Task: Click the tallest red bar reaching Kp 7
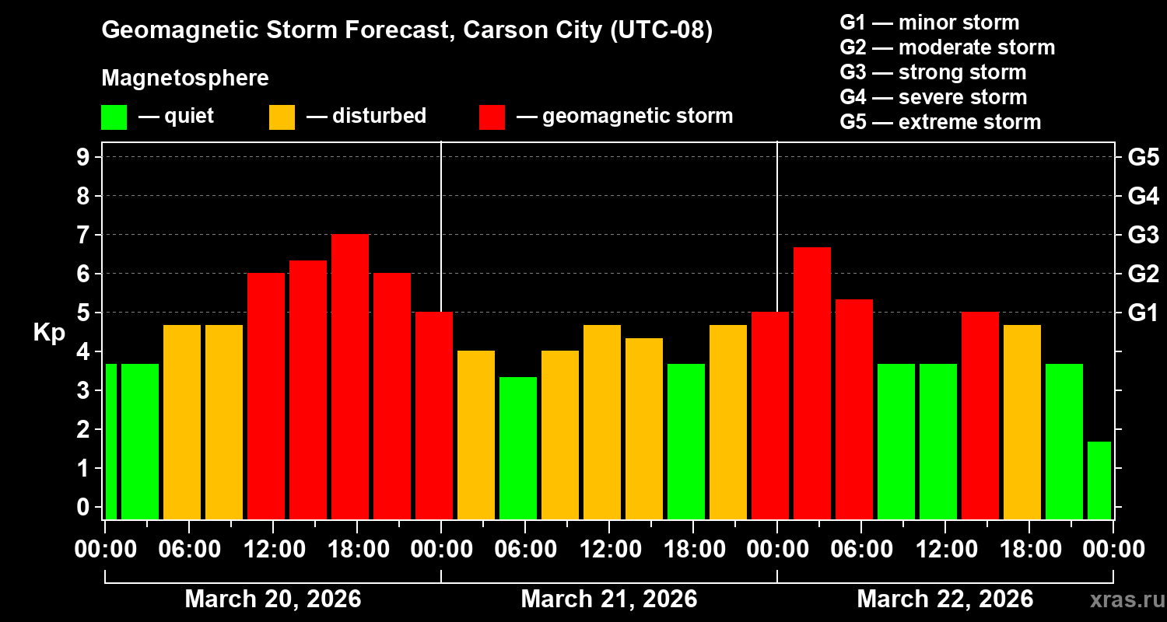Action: [350, 377]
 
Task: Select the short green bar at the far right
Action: [1099, 480]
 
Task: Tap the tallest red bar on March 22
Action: [812, 383]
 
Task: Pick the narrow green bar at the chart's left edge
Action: [110, 441]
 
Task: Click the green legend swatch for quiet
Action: [114, 117]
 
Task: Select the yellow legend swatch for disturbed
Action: [282, 117]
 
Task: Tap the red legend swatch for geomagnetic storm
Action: [492, 117]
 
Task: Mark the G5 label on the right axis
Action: [1143, 157]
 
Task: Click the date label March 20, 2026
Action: [272, 599]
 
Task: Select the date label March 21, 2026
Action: [608, 599]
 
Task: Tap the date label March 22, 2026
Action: [944, 599]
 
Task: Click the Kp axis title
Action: [49, 333]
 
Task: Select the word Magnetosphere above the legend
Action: [185, 79]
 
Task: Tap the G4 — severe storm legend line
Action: [934, 97]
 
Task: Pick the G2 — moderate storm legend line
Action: [948, 47]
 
